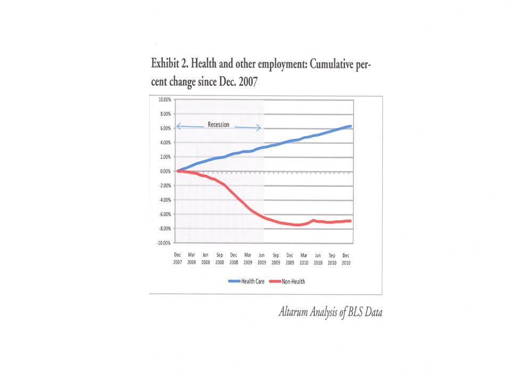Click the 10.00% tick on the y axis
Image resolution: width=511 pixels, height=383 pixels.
[x=163, y=99]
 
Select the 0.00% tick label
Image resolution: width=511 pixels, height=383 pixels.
[x=163, y=171]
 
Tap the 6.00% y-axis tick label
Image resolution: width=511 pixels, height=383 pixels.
[x=163, y=128]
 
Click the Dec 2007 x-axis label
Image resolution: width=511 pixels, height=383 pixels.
[x=177, y=259]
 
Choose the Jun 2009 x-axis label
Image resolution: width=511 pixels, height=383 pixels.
[x=261, y=259]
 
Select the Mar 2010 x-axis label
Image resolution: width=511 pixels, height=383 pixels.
[x=303, y=259]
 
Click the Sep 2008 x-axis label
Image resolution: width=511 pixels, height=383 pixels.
[x=219, y=259]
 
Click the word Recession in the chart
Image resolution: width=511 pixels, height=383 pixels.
[x=218, y=125]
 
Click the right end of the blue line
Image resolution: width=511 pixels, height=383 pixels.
[x=350, y=126]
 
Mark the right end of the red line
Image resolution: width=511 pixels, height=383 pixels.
[x=350, y=221]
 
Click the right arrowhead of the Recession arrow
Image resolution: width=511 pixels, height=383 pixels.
[x=259, y=128]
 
